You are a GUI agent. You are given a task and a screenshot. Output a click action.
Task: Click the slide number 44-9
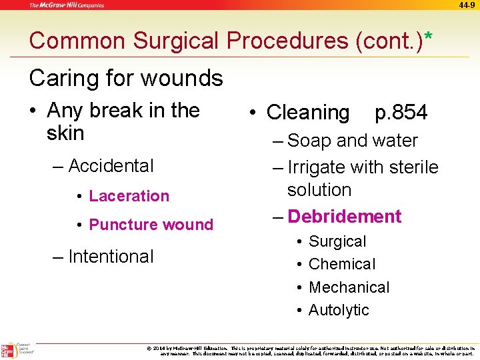tap(467, 5)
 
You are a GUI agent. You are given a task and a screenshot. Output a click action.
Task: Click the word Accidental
tap(111, 165)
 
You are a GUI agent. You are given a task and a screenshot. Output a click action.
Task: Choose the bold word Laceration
tap(129, 196)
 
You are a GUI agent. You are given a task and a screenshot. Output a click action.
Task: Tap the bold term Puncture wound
tap(151, 225)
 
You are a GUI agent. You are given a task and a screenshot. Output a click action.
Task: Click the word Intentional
tap(111, 257)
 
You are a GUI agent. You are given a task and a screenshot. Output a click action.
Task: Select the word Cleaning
tap(307, 113)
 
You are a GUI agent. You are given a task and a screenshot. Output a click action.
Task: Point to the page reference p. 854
tap(401, 113)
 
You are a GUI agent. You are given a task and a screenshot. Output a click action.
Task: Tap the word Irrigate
tap(321, 167)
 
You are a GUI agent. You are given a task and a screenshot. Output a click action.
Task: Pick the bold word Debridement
tap(344, 217)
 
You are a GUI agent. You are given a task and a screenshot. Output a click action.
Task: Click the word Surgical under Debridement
tap(337, 241)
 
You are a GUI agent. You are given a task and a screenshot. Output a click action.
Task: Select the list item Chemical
tap(342, 264)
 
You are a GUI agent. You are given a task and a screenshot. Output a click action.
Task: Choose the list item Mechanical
tap(349, 287)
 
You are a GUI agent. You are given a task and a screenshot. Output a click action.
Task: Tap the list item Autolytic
tap(339, 310)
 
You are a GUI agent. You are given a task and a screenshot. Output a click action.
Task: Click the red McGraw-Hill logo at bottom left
tap(9, 350)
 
